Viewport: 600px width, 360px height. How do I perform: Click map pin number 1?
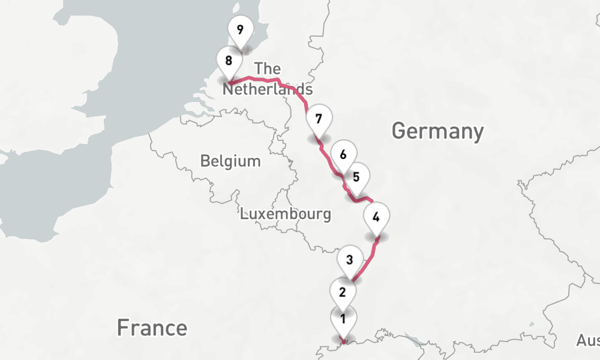[343, 319]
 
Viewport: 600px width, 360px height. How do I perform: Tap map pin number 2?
[343, 293]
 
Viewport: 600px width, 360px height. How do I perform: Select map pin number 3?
[349, 260]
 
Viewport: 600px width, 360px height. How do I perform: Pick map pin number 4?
[376, 217]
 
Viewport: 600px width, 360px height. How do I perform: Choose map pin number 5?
[356, 177]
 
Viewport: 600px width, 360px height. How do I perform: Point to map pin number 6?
[343, 155]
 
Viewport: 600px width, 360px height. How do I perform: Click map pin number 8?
[229, 61]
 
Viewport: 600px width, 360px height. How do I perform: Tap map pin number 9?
[241, 29]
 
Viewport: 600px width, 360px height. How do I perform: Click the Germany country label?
[437, 130]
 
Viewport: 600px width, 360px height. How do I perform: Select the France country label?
[152, 328]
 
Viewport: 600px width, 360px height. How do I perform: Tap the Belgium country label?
[230, 161]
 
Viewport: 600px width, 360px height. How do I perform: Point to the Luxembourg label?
[285, 214]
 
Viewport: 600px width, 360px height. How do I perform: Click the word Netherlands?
[268, 89]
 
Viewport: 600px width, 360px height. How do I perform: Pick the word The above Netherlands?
[268, 68]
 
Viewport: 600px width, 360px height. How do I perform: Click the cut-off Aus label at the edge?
[587, 341]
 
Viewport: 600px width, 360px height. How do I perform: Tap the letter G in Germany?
[400, 130]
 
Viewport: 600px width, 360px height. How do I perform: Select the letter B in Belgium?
[205, 161]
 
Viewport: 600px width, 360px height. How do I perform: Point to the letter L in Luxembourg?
[244, 214]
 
